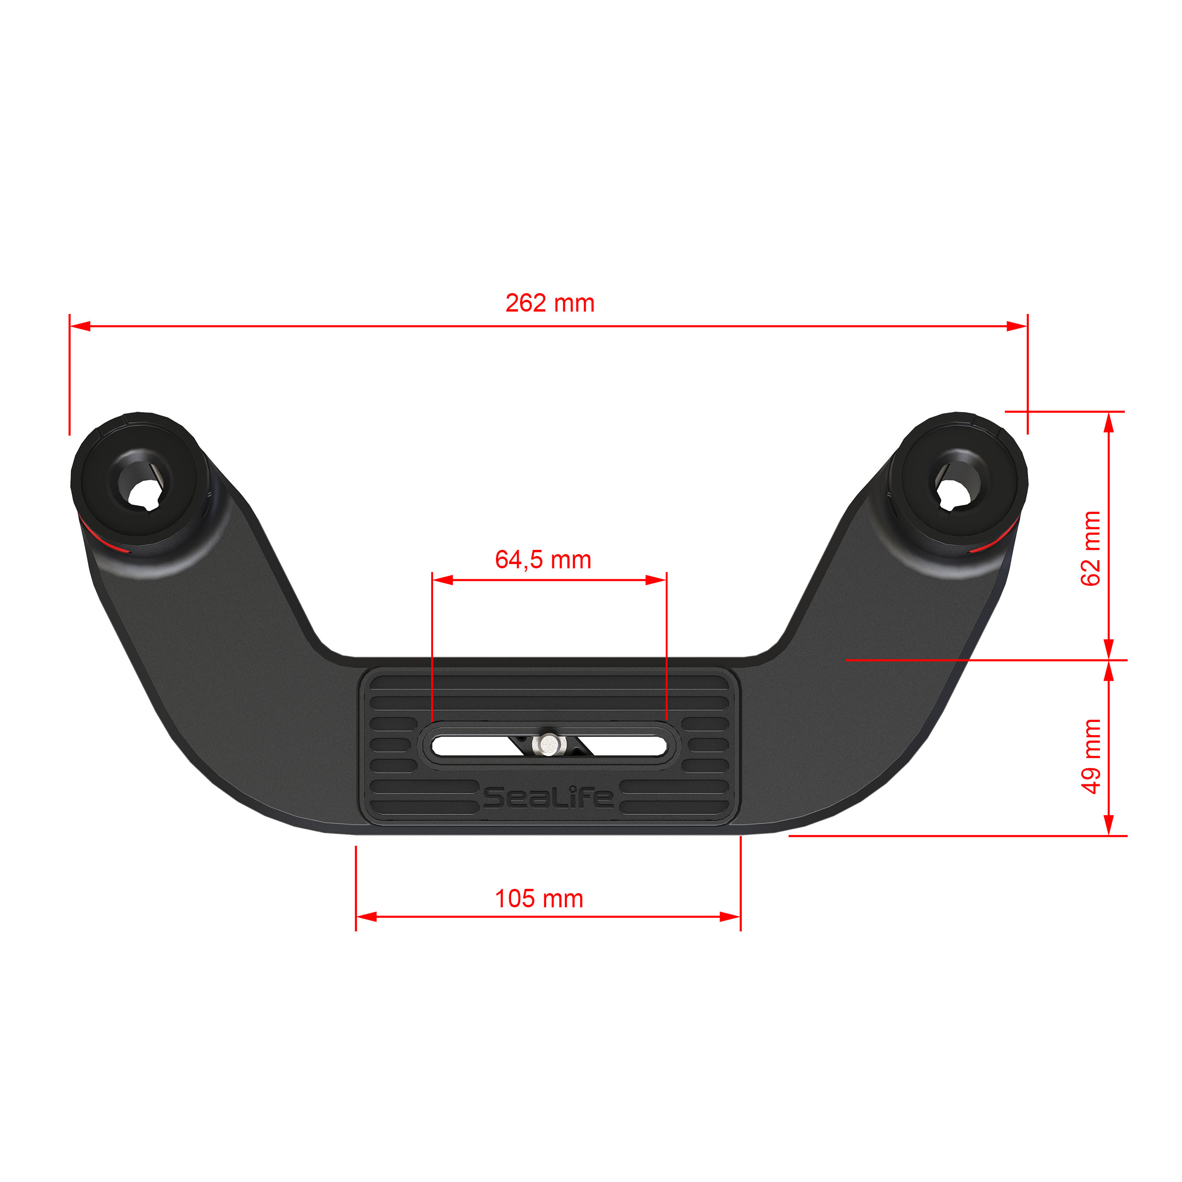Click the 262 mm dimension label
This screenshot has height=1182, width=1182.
[x=549, y=304]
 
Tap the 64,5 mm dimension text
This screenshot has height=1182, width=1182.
[x=543, y=560]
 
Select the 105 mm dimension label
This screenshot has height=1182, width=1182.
[x=539, y=899]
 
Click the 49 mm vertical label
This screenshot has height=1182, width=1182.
[x=1091, y=757]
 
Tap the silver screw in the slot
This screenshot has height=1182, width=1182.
[x=549, y=744]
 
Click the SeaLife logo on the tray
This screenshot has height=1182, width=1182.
[x=548, y=797]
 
